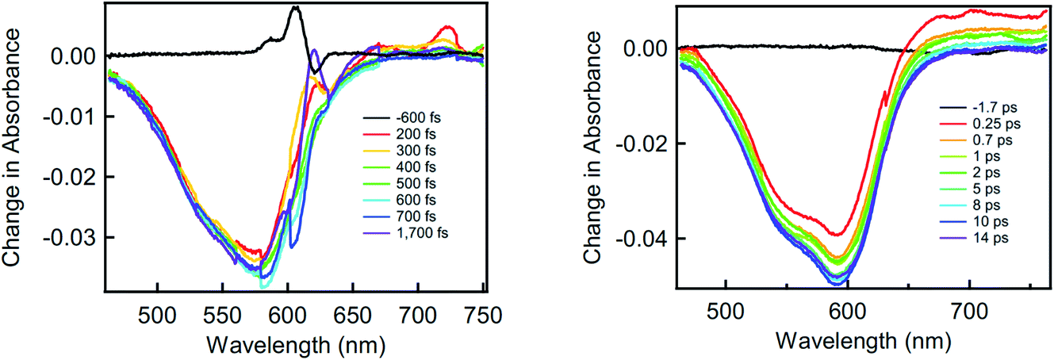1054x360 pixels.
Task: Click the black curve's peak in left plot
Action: tap(296, 7)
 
